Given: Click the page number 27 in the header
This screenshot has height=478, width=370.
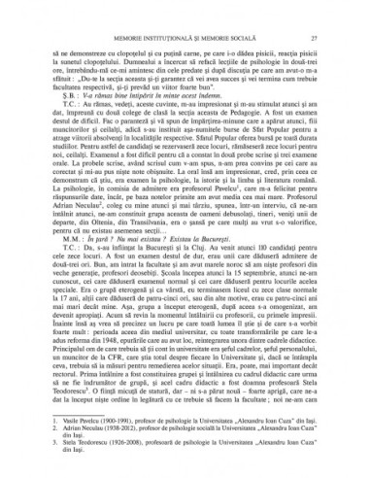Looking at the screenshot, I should click(329, 38).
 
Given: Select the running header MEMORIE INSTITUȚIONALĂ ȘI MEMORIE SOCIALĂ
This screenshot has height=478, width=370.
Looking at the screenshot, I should click(185, 38).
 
